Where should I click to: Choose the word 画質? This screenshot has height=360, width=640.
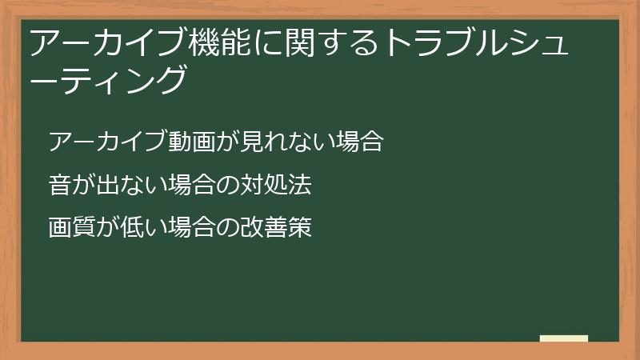71,227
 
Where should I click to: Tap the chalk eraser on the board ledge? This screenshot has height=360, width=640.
564,338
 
